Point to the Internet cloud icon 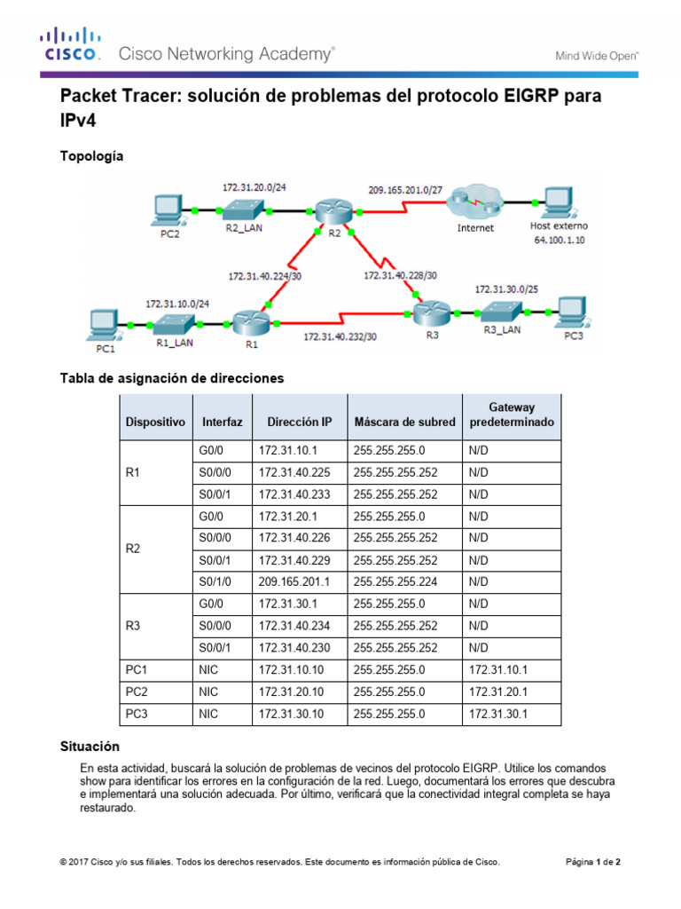[474, 205]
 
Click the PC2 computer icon [168, 209]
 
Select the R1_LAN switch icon [174, 321]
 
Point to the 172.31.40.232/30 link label [340, 337]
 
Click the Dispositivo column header [155, 423]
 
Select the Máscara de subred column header [404, 423]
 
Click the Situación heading [89, 747]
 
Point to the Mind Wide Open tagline [597, 55]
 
